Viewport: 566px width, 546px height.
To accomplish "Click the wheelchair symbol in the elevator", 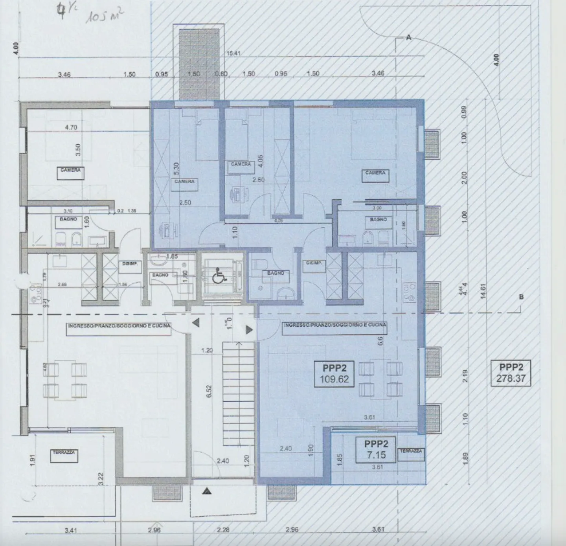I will pyautogui.click(x=219, y=276).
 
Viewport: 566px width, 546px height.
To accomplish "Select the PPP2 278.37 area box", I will pyautogui.click(x=511, y=373).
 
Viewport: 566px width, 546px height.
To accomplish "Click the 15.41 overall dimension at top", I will pyautogui.click(x=233, y=53).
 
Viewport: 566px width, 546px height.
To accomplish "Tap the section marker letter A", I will pyautogui.click(x=408, y=37).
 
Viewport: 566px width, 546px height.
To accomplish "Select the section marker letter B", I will pyautogui.click(x=521, y=297).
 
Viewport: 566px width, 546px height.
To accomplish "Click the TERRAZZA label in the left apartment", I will pyautogui.click(x=64, y=453).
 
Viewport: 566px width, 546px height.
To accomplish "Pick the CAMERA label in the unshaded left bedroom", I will pyautogui.click(x=70, y=171).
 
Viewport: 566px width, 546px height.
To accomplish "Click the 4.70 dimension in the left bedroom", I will pyautogui.click(x=71, y=127).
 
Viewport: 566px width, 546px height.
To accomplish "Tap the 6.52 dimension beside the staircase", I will pyautogui.click(x=209, y=391).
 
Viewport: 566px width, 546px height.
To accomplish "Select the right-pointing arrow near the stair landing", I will pyautogui.click(x=249, y=329).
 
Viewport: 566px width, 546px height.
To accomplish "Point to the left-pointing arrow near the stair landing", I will pyautogui.click(x=196, y=323).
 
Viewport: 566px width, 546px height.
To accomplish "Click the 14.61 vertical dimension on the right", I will pyautogui.click(x=483, y=292).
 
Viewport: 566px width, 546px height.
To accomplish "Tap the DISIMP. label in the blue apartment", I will pyautogui.click(x=314, y=263).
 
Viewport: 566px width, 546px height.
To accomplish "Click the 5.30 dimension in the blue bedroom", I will pyautogui.click(x=176, y=169).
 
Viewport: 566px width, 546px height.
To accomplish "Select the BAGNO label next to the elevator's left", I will pyautogui.click(x=160, y=275).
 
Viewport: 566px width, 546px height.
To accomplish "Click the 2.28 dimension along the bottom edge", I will pyautogui.click(x=223, y=530).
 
